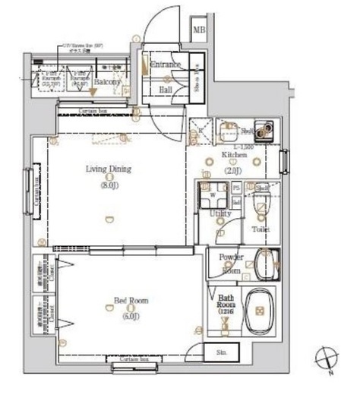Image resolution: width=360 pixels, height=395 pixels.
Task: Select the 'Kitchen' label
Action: [234, 156]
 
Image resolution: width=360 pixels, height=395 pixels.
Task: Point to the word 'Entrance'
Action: [166, 65]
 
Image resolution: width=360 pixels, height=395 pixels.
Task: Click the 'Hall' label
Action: [166, 89]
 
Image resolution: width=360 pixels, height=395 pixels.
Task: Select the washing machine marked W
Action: [212, 195]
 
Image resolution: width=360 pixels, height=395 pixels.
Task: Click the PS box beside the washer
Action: [236, 188]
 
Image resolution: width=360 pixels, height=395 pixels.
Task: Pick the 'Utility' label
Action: [220, 214]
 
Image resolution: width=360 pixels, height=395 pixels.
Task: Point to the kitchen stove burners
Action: [266, 131]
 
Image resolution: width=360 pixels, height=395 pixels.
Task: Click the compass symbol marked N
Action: [325, 357]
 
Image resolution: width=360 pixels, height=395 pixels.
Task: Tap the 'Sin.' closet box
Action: [222, 353]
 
